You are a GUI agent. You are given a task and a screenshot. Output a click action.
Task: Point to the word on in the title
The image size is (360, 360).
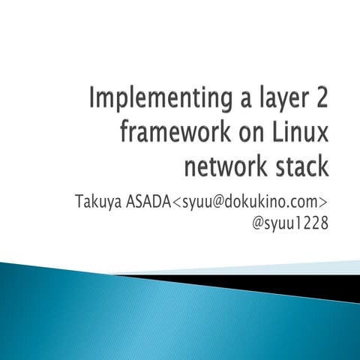(x=252, y=133)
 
